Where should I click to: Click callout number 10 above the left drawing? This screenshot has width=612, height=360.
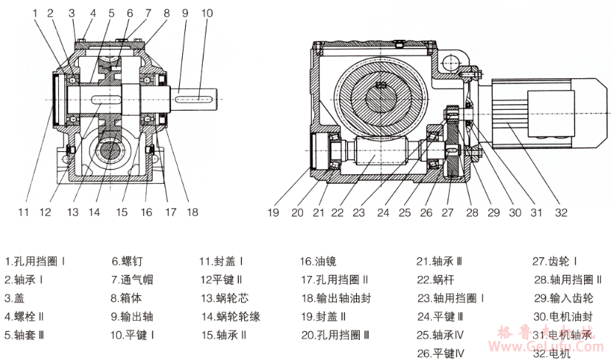(x=206, y=13)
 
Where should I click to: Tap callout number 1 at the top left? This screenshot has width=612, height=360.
(x=36, y=13)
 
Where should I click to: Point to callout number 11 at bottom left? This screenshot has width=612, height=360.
(x=24, y=212)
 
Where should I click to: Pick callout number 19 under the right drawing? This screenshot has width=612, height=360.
(x=274, y=212)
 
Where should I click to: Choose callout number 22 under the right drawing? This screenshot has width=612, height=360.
(x=338, y=212)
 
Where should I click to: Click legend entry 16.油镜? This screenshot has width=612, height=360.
(x=319, y=261)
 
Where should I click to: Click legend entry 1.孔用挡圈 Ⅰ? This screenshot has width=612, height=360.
(x=37, y=261)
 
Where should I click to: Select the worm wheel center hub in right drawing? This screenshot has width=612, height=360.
(x=382, y=87)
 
